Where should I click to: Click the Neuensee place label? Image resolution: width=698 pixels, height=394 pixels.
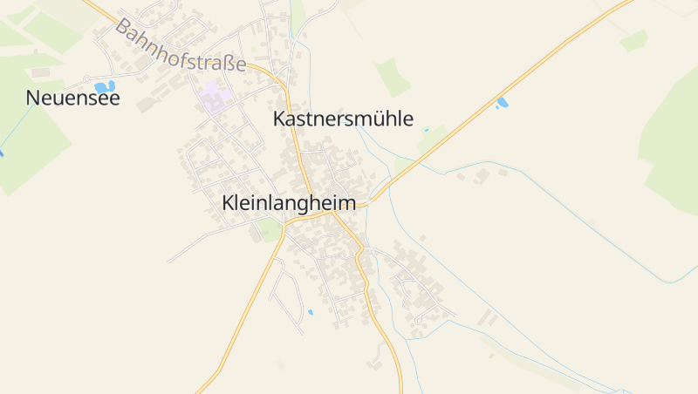[73, 98]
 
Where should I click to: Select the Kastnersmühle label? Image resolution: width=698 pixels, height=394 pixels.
[343, 119]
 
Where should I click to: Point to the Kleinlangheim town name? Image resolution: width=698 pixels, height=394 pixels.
[289, 203]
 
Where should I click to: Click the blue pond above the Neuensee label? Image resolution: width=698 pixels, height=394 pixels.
[105, 86]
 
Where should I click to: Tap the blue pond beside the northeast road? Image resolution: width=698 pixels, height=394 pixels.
[502, 103]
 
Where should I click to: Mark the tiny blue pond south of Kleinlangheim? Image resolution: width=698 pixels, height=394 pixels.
[310, 311]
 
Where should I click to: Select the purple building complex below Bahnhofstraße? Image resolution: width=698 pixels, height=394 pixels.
[212, 98]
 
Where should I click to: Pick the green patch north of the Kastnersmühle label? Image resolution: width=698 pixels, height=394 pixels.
[392, 76]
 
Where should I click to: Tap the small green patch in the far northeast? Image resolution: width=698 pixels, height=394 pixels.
[633, 40]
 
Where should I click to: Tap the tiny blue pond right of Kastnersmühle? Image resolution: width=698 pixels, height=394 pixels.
[427, 130]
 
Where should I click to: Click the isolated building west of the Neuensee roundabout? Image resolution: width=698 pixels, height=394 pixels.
[40, 72]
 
